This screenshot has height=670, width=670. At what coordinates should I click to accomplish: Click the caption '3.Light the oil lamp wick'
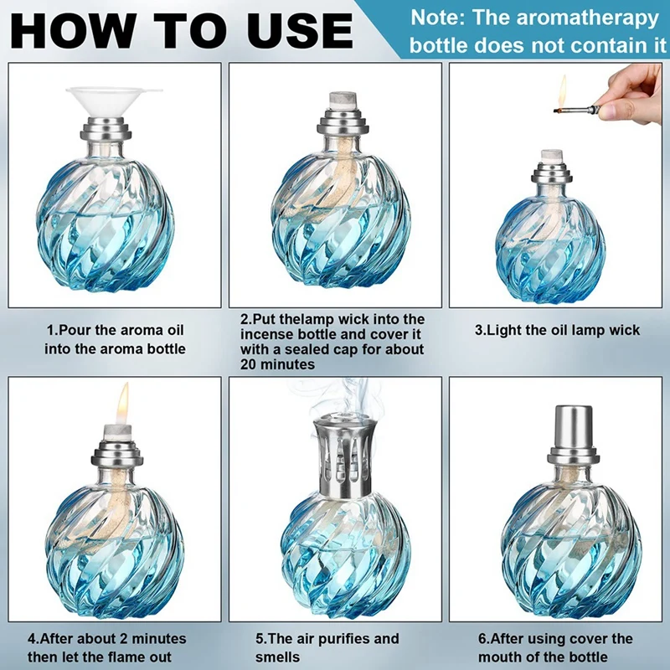pyautogui.click(x=557, y=330)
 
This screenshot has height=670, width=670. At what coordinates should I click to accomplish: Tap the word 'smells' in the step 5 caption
pyautogui.click(x=279, y=657)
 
